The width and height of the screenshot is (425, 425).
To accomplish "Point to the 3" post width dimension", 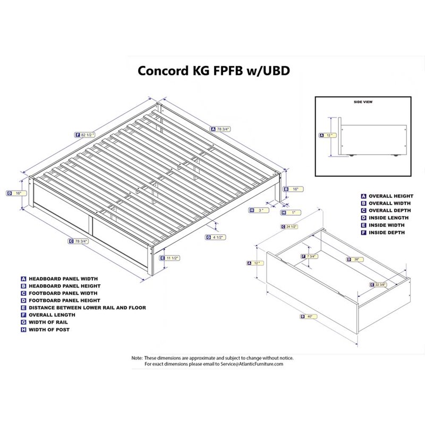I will (258, 211).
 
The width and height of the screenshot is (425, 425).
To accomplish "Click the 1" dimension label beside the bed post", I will (292, 212).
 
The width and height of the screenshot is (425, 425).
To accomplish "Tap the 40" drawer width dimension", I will (308, 317).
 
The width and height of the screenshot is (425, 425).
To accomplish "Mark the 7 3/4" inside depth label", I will (311, 257).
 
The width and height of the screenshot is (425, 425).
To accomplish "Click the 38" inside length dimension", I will (354, 259).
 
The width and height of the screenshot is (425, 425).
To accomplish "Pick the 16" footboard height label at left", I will (18, 193).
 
